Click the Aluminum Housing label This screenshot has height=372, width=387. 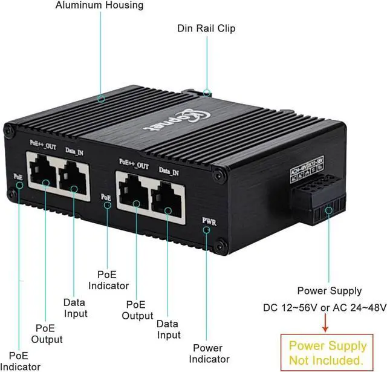pos(99,5)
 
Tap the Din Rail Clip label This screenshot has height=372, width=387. pos(206,28)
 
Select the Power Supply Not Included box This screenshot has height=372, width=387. pos(327,353)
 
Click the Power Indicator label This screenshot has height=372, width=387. pos(207,354)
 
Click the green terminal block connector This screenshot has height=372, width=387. pos(320,202)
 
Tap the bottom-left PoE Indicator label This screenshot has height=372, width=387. pos(20,361)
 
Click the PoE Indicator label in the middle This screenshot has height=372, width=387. pos(108,279)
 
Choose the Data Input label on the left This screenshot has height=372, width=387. pos(76,308)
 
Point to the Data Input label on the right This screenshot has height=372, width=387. pos(169,329)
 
